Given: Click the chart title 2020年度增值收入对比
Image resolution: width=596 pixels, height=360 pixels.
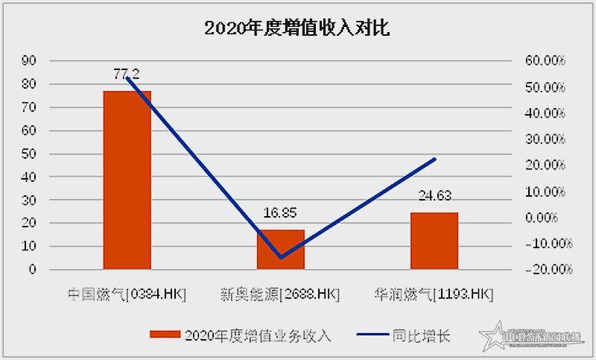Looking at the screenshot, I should point(297,28).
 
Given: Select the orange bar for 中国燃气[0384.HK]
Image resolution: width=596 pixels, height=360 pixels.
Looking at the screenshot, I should point(127,180).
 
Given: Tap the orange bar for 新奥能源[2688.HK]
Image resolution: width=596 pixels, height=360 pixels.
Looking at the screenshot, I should point(281,249).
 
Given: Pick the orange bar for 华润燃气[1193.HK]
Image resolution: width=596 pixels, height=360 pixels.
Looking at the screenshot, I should point(434,240).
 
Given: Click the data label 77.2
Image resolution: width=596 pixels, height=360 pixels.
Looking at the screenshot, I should point(127,73).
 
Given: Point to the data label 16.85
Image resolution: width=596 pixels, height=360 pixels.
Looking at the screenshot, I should point(281,213).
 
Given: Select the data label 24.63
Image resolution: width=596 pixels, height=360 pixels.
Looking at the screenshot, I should point(434,196).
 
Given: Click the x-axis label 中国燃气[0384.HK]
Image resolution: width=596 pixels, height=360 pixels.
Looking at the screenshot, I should point(127,294).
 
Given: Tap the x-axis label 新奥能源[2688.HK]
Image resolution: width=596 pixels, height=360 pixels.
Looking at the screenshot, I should point(280,294).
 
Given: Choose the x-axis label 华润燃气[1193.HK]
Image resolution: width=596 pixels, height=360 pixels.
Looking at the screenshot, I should point(434,294).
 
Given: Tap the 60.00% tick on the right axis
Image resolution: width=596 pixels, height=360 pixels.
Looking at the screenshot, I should point(548,61).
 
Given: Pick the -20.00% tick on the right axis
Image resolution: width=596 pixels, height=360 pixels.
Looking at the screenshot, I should point(547,269).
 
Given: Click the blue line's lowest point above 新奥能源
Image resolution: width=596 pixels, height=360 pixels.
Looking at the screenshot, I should point(281,258).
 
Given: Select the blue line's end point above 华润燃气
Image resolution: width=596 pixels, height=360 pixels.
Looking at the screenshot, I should point(434,159).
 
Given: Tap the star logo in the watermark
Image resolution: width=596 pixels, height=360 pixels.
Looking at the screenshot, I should point(492,337).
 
